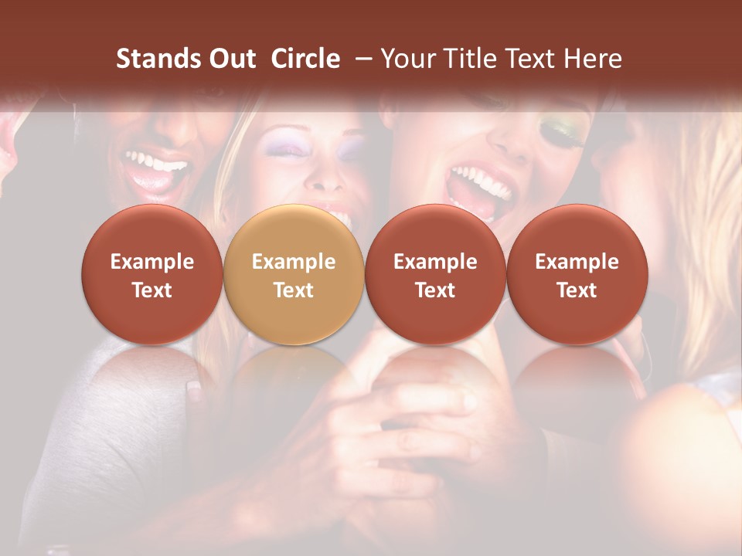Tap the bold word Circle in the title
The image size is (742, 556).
click(x=305, y=59)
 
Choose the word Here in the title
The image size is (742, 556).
click(x=592, y=59)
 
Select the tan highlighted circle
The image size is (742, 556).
click(x=294, y=274)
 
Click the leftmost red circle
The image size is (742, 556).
click(x=152, y=274)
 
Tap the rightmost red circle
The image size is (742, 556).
click(x=577, y=274)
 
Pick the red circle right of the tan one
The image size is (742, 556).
click(x=435, y=274)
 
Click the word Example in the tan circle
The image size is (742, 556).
click(x=294, y=262)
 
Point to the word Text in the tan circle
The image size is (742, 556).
click(x=294, y=290)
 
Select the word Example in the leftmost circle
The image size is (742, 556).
click(x=152, y=262)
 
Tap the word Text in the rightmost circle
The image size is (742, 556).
click(x=577, y=290)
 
